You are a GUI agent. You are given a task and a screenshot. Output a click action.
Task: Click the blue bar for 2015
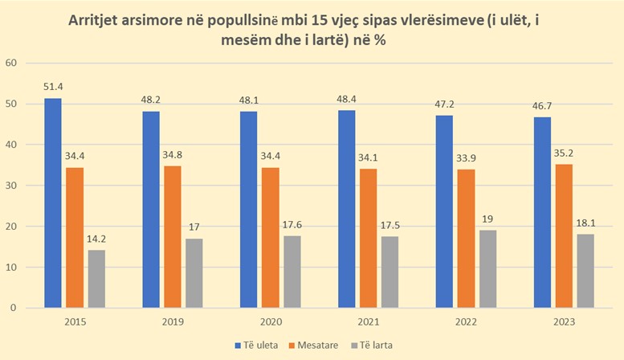53,202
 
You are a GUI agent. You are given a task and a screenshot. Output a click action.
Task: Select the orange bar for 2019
172,236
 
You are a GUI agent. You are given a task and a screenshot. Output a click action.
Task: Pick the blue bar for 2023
541,212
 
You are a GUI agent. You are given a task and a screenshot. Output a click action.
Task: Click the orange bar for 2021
368,238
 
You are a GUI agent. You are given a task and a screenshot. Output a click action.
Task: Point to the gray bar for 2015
96,278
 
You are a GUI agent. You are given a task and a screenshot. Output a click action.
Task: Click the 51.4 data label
53,87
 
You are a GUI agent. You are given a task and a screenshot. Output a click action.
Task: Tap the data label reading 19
489,219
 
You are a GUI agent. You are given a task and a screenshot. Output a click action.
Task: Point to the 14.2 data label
96,239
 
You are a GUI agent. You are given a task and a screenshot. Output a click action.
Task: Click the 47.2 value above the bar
444,104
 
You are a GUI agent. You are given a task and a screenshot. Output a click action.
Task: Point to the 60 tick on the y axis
10,63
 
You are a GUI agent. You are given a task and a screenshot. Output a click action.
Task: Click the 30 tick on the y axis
10,186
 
